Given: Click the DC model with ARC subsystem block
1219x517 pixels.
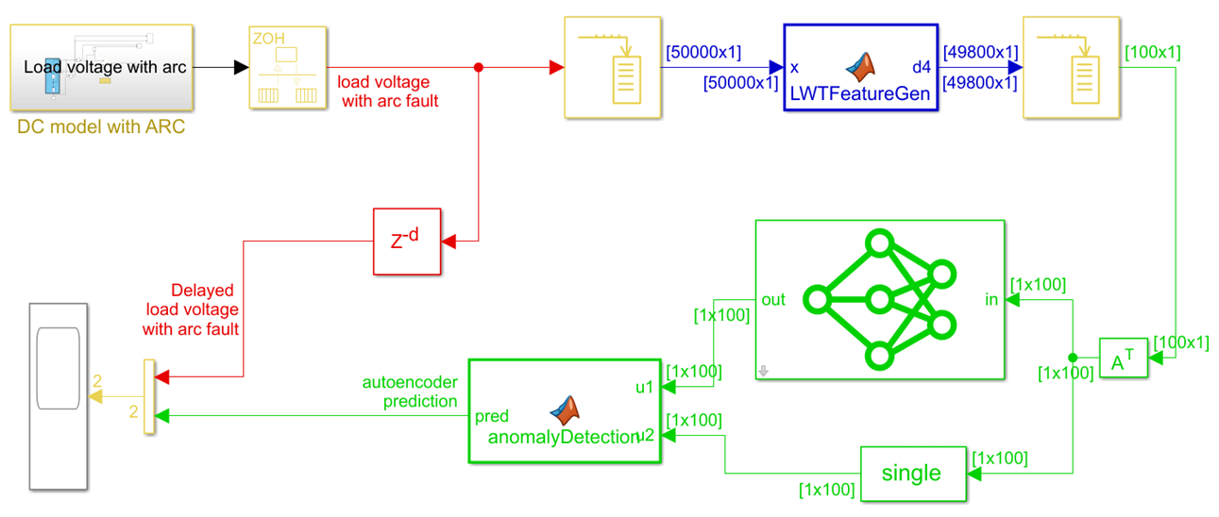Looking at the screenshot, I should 102,68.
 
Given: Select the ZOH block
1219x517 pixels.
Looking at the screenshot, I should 288,68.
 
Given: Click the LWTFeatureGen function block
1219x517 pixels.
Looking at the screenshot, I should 860,68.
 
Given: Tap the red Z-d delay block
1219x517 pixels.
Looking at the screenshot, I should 407,242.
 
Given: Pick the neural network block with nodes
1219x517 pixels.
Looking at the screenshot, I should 879,300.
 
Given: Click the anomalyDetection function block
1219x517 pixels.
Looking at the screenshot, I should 565,411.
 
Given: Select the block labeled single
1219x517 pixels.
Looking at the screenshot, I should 912,473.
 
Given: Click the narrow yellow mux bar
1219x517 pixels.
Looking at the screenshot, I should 148,396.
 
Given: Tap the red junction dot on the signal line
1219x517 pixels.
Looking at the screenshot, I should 479,68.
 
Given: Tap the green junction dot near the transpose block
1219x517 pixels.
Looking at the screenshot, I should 1073,358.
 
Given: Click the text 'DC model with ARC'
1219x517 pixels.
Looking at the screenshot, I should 101,126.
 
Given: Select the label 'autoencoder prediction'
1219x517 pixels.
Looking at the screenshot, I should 410,392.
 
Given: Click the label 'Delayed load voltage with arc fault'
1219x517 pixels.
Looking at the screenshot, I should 191,309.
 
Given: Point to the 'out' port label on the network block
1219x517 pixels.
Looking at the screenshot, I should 773,300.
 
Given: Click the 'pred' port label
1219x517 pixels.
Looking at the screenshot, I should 492,416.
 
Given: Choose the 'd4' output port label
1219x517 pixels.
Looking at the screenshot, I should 921,68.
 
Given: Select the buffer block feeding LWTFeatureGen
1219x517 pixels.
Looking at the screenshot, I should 611,68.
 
